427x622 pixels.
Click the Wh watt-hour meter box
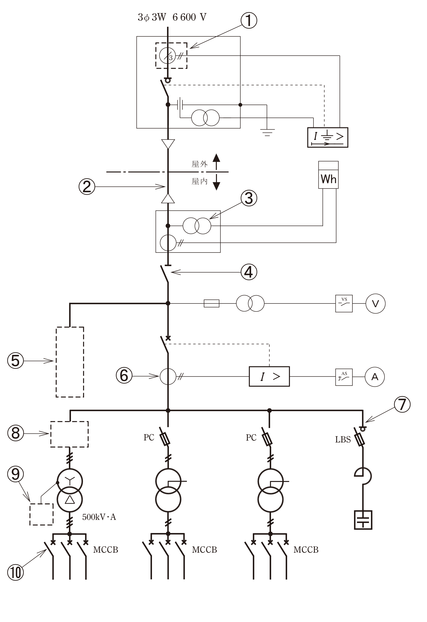[328, 175]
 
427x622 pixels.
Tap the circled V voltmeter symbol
[375, 304]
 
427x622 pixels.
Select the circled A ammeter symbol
[375, 377]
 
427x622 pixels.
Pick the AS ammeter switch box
[344, 377]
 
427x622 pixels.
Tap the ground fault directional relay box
[328, 137]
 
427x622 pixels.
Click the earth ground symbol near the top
[267, 133]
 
